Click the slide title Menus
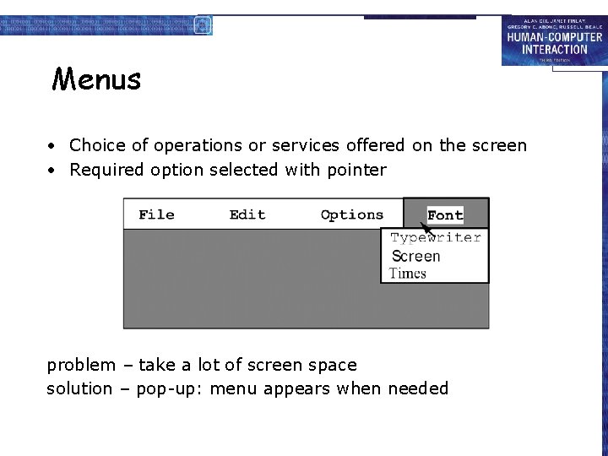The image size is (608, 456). coord(96,79)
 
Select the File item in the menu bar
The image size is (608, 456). coord(156,214)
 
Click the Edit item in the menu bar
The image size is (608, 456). coord(247,214)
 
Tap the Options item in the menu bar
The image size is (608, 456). coord(352,214)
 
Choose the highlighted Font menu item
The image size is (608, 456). coord(445,215)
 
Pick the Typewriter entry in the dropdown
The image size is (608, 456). coord(436,238)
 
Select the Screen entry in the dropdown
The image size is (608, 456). coord(416,256)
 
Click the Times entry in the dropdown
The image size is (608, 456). coord(408,273)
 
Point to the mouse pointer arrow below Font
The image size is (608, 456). coord(427,228)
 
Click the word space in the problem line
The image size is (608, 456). coord(334,366)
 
